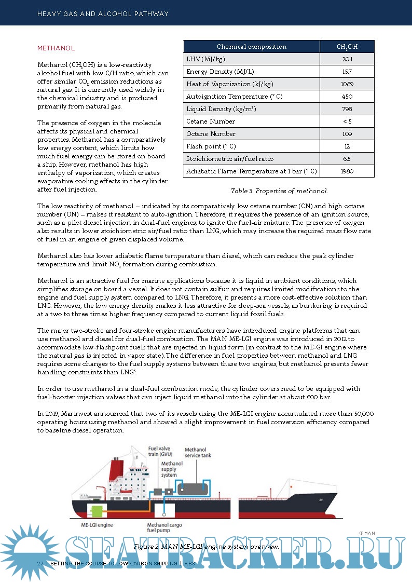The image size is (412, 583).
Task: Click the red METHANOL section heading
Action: coord(56,48)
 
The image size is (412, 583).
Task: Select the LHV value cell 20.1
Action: coord(347,59)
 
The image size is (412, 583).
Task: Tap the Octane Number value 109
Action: coord(347,133)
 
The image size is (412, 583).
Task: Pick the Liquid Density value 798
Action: coord(347,109)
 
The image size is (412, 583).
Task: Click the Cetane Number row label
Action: coord(211,121)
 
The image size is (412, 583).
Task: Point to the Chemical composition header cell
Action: coord(252,47)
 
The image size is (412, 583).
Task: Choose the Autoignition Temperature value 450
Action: coord(347,97)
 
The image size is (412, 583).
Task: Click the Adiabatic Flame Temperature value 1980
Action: coord(347,171)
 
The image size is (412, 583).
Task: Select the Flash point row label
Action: coord(211,146)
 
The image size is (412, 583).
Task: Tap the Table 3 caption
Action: coord(279,191)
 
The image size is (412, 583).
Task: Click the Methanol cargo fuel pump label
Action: coord(164,528)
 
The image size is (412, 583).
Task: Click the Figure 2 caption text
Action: coord(207,547)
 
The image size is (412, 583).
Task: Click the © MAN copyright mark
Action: coord(366,533)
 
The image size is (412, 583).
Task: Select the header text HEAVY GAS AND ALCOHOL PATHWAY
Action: coord(103,14)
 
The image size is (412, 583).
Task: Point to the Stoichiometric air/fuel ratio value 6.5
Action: coord(347,158)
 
